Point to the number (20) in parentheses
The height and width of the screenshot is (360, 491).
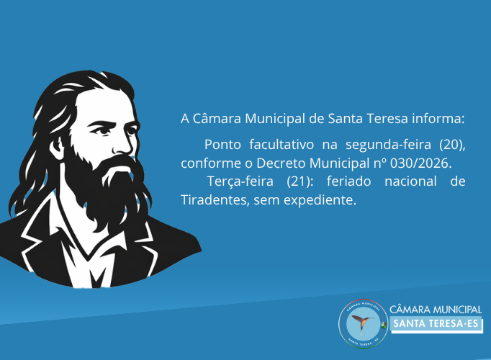tap(452, 144)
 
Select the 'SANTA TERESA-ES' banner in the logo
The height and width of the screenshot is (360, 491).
tap(436, 325)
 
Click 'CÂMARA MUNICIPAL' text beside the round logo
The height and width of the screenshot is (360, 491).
tap(436, 309)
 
